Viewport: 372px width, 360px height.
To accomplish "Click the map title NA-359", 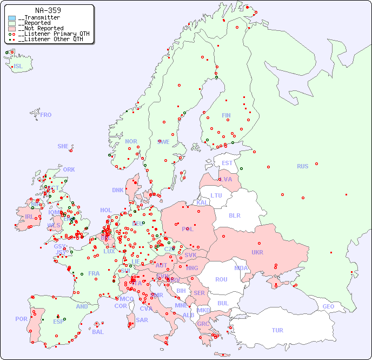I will click(48, 10).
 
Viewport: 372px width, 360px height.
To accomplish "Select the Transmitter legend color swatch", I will click(12, 18).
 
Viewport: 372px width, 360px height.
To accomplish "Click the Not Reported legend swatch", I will click(12, 29).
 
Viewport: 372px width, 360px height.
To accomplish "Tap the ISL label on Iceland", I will click(18, 67).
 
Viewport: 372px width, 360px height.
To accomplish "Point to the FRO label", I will click(46, 115).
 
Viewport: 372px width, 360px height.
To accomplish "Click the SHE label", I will click(63, 146).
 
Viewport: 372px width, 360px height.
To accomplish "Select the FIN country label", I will click(226, 115).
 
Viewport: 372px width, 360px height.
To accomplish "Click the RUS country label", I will click(302, 166).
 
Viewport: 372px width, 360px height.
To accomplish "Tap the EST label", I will click(227, 163).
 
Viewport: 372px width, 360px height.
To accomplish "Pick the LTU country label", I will click(216, 195).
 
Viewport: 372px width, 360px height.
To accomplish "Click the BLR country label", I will click(234, 215).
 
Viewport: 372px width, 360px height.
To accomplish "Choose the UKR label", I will click(257, 252).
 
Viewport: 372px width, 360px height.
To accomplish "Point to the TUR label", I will click(277, 330).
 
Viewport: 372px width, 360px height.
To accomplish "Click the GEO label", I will click(328, 306).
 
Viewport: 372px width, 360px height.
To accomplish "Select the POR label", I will click(21, 319).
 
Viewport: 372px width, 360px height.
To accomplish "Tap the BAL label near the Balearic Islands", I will click(97, 332).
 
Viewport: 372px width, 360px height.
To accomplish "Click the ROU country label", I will click(221, 279).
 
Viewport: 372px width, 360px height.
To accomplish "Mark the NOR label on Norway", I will click(131, 141).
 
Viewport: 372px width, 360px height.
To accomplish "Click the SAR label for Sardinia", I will click(142, 320).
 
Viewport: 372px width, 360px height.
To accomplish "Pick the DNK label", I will click(118, 190).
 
